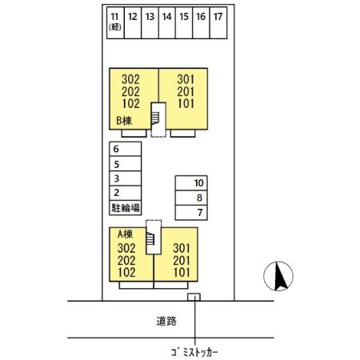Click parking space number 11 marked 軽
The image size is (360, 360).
tap(115, 23)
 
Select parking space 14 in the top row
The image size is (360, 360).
tap(167, 23)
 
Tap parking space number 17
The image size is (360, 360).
tap(218, 23)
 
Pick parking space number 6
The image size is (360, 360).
tap(125, 149)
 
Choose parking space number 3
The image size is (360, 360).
tap(125, 178)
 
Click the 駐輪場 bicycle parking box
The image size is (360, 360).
tap(125, 208)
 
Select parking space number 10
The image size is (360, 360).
tap(191, 183)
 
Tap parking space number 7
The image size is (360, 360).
tap(191, 213)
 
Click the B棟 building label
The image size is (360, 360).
tap(124, 121)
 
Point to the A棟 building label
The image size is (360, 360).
tap(125, 234)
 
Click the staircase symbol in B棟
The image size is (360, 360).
tap(155, 118)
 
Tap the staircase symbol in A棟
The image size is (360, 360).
tap(150, 238)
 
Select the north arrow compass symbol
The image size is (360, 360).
tap(278, 276)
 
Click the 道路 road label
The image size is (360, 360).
tap(166, 321)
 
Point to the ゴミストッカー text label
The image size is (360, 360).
tap(194, 353)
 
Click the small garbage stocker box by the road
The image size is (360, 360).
tap(194, 297)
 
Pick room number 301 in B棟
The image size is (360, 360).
tap(186, 79)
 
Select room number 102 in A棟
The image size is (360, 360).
tap(126, 273)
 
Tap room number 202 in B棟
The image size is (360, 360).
tap(130, 92)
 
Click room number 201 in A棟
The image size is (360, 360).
tap(182, 261)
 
